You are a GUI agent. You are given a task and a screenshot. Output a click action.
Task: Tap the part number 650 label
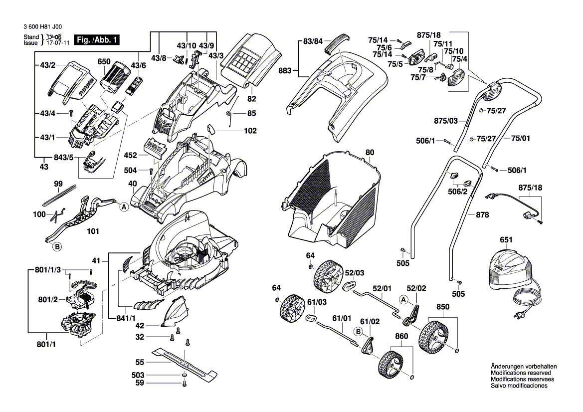click(104, 62)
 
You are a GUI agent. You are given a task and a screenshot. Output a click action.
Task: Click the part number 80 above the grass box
click(370, 152)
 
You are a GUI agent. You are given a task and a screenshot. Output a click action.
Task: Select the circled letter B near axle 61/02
click(358, 331)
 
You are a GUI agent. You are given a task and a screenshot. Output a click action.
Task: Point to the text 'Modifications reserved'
click(521, 373)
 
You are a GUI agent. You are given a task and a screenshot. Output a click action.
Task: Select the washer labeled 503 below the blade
click(185, 375)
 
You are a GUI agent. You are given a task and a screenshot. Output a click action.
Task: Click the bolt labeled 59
click(185, 384)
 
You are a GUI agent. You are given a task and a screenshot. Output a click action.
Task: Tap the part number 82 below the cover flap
click(251, 99)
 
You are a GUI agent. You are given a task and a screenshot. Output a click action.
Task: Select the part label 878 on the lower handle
click(482, 215)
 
